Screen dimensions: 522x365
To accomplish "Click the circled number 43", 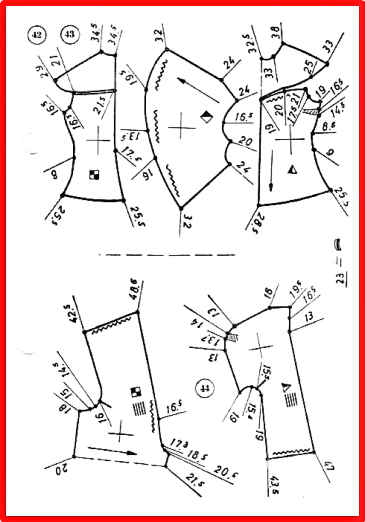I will coord(69,34).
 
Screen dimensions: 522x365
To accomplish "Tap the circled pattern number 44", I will coord(205,388).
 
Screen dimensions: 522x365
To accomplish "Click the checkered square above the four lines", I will coord(136,392).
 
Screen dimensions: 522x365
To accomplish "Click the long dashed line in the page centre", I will coord(166,255).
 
